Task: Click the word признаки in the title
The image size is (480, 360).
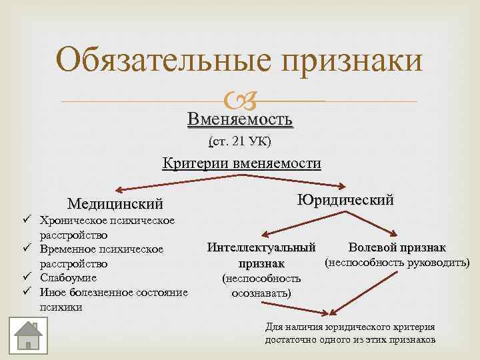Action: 353,61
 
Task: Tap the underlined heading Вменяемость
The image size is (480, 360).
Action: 240,119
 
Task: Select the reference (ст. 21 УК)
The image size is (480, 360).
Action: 240,141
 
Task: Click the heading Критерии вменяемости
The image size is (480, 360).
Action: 242,163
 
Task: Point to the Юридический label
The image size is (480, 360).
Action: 345,200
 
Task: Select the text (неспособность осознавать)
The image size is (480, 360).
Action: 261,285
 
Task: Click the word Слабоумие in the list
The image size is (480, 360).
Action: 69,278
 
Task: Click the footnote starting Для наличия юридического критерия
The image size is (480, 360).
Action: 350,333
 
